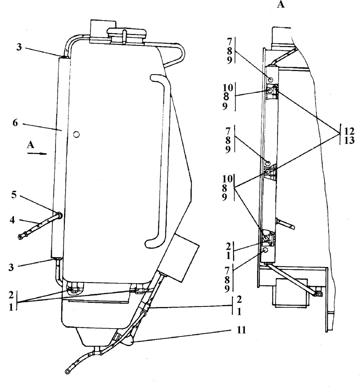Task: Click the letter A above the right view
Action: point(280,5)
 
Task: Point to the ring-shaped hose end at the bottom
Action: point(67,371)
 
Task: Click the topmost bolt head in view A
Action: point(270,79)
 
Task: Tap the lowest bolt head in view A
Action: point(265,250)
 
